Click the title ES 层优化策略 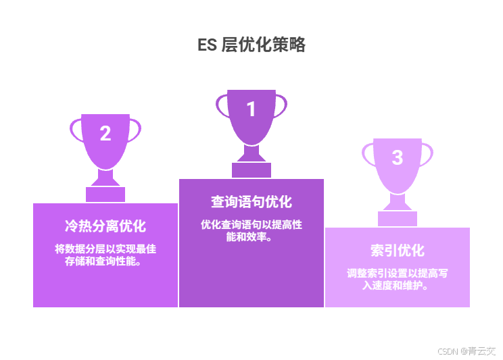pos(251,45)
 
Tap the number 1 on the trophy pos(251,109)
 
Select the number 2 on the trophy pos(105,134)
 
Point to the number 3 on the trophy pos(398,157)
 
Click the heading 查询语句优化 pos(251,202)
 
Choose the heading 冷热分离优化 pos(105,226)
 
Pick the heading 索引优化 pos(398,251)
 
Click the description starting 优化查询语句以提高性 pos(251,230)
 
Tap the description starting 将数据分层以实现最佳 pos(105,255)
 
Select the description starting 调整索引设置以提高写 pos(398,279)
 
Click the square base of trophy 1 pos(251,170)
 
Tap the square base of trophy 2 pos(105,194)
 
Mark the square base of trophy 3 pos(398,218)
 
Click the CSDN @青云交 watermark pos(466,351)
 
